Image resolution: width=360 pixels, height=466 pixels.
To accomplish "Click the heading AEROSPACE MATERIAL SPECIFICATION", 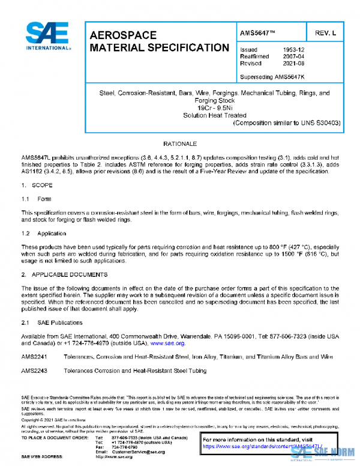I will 158,41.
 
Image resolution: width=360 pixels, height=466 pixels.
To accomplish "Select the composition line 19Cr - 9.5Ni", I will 214,108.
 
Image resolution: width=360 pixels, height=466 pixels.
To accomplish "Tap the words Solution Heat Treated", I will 214,115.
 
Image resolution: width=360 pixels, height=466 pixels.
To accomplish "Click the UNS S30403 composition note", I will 287,123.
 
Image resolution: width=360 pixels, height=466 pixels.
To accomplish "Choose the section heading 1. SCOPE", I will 36,186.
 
